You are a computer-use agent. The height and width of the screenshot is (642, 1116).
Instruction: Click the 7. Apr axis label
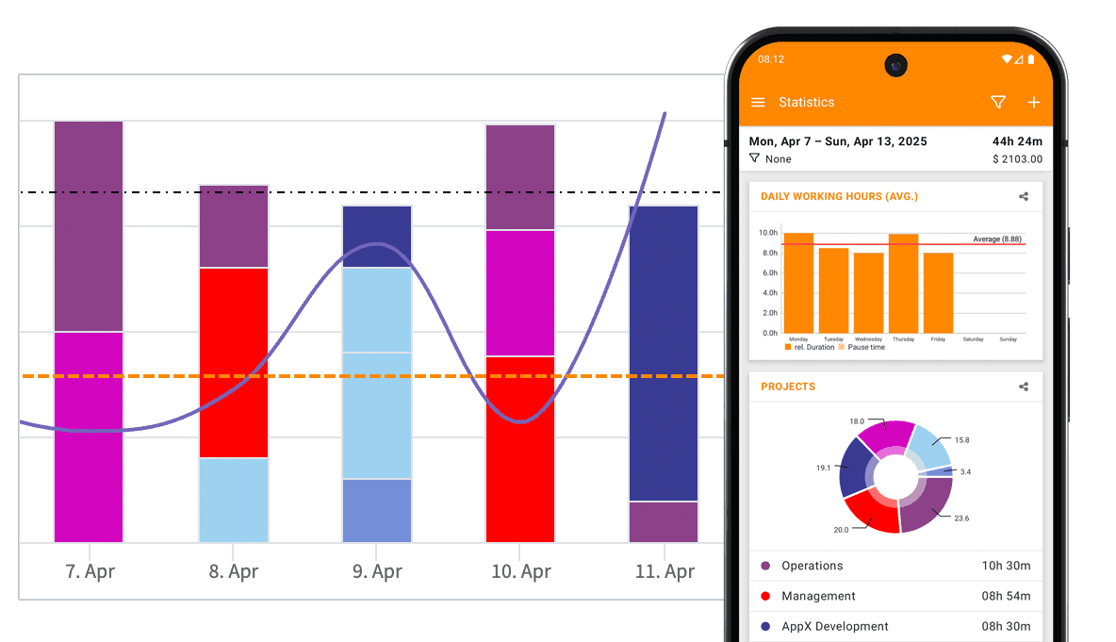pos(89,571)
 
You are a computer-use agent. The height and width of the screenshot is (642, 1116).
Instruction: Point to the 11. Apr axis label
pos(665,571)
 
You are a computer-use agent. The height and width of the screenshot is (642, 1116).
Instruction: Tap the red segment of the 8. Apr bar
pos(233,363)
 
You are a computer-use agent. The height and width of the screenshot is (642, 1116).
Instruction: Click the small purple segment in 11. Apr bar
pos(664,521)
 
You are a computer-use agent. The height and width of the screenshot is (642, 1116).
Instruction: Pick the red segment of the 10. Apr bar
pos(520,449)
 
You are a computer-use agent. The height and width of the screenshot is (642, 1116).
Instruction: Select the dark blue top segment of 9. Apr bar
pos(377,236)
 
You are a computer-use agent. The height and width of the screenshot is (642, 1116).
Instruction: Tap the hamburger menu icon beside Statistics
pos(758,102)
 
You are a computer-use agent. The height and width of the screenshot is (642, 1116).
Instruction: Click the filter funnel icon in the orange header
pos(998,102)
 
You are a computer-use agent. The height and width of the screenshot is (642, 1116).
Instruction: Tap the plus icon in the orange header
pos(1033,102)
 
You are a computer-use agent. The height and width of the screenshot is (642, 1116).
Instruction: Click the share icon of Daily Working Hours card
pos(1024,197)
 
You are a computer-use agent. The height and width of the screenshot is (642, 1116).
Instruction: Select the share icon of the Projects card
pos(1024,387)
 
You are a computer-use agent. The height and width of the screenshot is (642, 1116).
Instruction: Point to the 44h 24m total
pos(1017,141)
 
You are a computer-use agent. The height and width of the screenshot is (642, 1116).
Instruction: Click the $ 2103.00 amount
pos(1017,159)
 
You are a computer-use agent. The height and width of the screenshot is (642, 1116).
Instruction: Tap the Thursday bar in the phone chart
pos(903,283)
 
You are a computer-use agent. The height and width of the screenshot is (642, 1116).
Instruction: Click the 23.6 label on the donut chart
pos(961,519)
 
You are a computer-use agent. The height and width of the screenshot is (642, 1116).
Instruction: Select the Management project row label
pos(819,596)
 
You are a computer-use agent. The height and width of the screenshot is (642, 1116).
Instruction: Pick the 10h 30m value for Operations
pos(1006,566)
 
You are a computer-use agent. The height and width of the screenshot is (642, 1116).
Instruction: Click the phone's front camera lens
pos(895,65)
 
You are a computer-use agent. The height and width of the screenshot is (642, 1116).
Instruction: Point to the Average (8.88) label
pos(997,239)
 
